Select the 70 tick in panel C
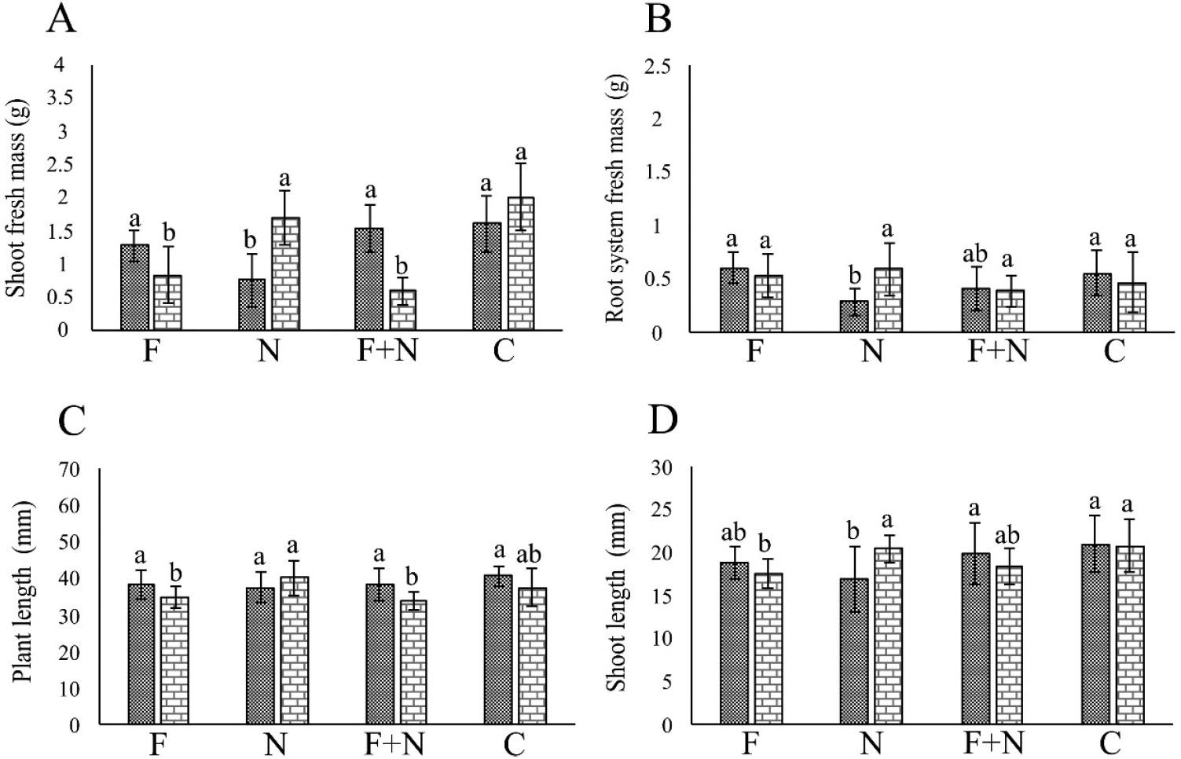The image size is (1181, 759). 69,470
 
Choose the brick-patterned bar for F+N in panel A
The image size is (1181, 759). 403,310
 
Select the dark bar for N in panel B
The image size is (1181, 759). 855,317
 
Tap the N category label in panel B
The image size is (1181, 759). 872,350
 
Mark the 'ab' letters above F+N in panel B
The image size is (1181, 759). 975,254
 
